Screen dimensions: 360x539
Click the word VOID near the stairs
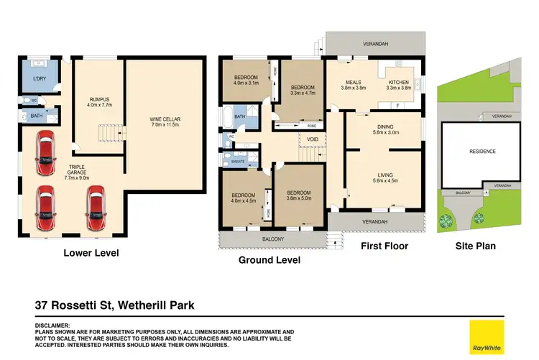point(312,139)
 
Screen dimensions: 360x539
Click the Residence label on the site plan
point(482,152)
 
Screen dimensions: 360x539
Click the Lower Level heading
point(91,253)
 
